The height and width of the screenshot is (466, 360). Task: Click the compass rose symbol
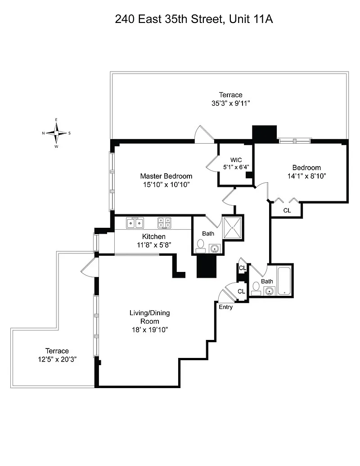pyautogui.click(x=56, y=133)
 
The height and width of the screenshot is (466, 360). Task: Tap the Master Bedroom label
pyautogui.click(x=166, y=176)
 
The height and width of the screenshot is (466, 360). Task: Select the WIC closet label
pyautogui.click(x=236, y=160)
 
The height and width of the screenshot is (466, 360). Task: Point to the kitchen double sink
pyautogui.click(x=135, y=222)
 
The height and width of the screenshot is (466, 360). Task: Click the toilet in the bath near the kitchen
pyautogui.click(x=201, y=246)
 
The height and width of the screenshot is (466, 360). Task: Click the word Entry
pyautogui.click(x=225, y=307)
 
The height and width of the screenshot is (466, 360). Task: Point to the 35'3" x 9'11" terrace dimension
pyautogui.click(x=231, y=103)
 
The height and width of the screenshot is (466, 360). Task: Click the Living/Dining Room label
pyautogui.click(x=150, y=317)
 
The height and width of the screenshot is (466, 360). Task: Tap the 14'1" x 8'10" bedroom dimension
pyautogui.click(x=306, y=176)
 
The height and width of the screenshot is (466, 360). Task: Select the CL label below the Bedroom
pyautogui.click(x=287, y=210)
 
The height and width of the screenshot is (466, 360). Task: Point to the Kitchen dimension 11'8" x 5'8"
pyautogui.click(x=153, y=244)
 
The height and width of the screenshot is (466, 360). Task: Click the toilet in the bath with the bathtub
pyautogui.click(x=256, y=287)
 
